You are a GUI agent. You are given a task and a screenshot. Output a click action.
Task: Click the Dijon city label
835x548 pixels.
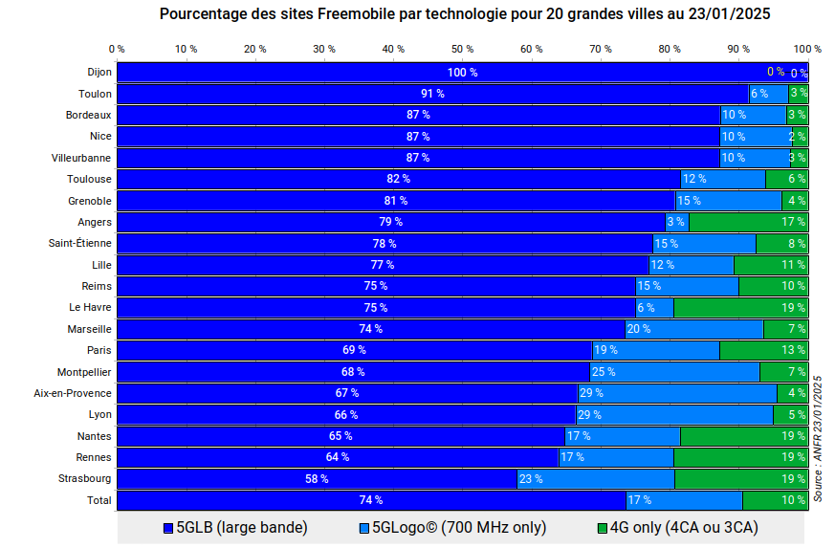click(99, 72)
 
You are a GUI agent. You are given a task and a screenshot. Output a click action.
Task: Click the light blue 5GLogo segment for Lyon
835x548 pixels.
click(674, 414)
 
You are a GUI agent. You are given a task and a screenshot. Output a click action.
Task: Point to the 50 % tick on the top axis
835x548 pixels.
click(462, 48)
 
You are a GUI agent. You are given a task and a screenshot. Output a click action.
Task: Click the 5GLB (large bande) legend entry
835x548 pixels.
click(235, 527)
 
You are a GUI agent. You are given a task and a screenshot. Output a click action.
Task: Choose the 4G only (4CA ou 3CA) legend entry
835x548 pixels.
click(677, 527)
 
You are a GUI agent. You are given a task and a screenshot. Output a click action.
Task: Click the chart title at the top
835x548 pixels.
click(465, 14)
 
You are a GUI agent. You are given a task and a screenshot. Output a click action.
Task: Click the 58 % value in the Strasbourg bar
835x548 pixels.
click(317, 478)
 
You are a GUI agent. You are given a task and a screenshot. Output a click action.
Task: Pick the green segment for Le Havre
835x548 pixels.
click(740, 307)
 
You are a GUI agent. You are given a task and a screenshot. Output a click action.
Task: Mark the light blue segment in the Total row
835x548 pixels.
click(684, 499)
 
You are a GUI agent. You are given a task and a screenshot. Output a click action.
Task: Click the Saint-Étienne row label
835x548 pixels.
click(80, 243)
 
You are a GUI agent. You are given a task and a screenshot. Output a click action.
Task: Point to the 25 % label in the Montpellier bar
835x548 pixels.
click(603, 371)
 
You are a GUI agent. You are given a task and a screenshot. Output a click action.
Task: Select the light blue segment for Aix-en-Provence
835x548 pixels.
click(677, 393)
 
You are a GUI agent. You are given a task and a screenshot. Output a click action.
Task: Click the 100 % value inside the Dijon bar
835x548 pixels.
click(462, 73)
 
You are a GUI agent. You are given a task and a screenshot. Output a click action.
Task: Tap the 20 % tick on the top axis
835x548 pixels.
click(255, 48)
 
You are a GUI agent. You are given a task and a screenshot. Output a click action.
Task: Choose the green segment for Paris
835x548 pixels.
click(763, 350)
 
